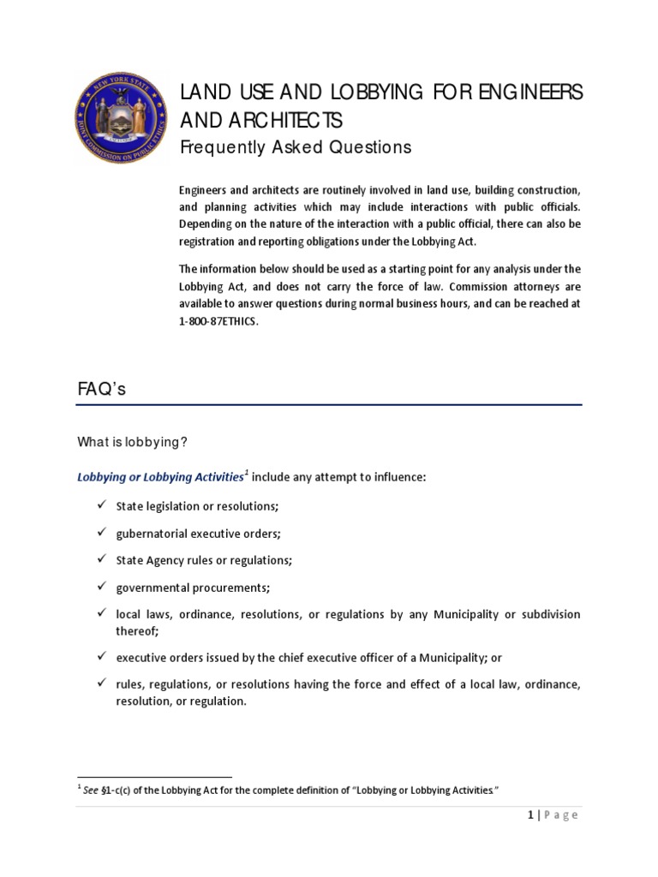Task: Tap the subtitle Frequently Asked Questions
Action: (283, 147)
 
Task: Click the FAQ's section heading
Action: (102, 389)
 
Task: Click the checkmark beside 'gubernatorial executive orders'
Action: (99, 533)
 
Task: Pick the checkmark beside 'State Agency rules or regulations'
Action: (99, 560)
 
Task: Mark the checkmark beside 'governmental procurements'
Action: (99, 587)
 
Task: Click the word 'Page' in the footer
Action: (563, 815)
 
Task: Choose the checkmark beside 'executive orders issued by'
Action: (99, 656)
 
